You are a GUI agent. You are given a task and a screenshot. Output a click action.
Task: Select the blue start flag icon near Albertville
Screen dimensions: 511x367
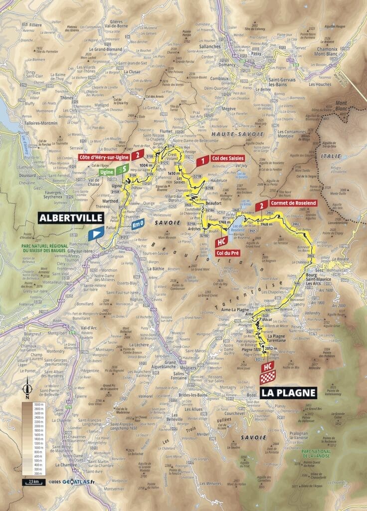pos(96,233)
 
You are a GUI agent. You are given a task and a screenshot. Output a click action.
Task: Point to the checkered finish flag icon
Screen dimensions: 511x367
pos(268,378)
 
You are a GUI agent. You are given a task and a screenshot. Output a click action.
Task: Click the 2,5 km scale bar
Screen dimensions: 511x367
pos(30,483)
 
